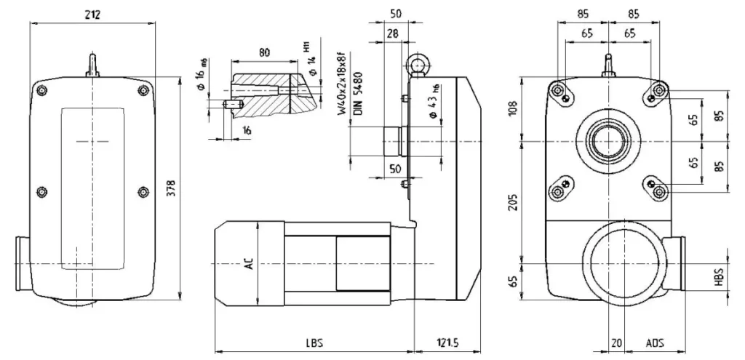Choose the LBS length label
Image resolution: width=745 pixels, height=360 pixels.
click(x=314, y=342)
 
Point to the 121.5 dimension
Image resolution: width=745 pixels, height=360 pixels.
click(x=447, y=342)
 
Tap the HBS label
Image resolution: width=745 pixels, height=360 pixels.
click(x=719, y=277)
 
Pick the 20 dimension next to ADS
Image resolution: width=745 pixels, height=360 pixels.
click(x=617, y=342)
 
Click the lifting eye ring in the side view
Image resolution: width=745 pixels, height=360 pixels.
click(x=418, y=63)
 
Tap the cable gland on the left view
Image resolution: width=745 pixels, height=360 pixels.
click(x=22, y=263)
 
